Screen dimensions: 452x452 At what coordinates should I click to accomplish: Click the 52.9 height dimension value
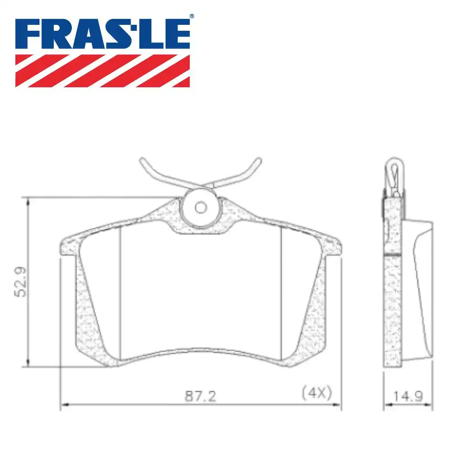(x=21, y=281)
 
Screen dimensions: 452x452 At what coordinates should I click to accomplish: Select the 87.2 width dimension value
(x=200, y=396)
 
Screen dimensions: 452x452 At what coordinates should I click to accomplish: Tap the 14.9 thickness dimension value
(x=408, y=396)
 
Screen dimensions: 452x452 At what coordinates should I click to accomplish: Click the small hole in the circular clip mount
(x=200, y=207)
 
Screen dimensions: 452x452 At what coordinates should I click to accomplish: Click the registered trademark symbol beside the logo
(x=191, y=16)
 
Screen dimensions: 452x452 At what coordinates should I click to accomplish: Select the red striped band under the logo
(x=103, y=71)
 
